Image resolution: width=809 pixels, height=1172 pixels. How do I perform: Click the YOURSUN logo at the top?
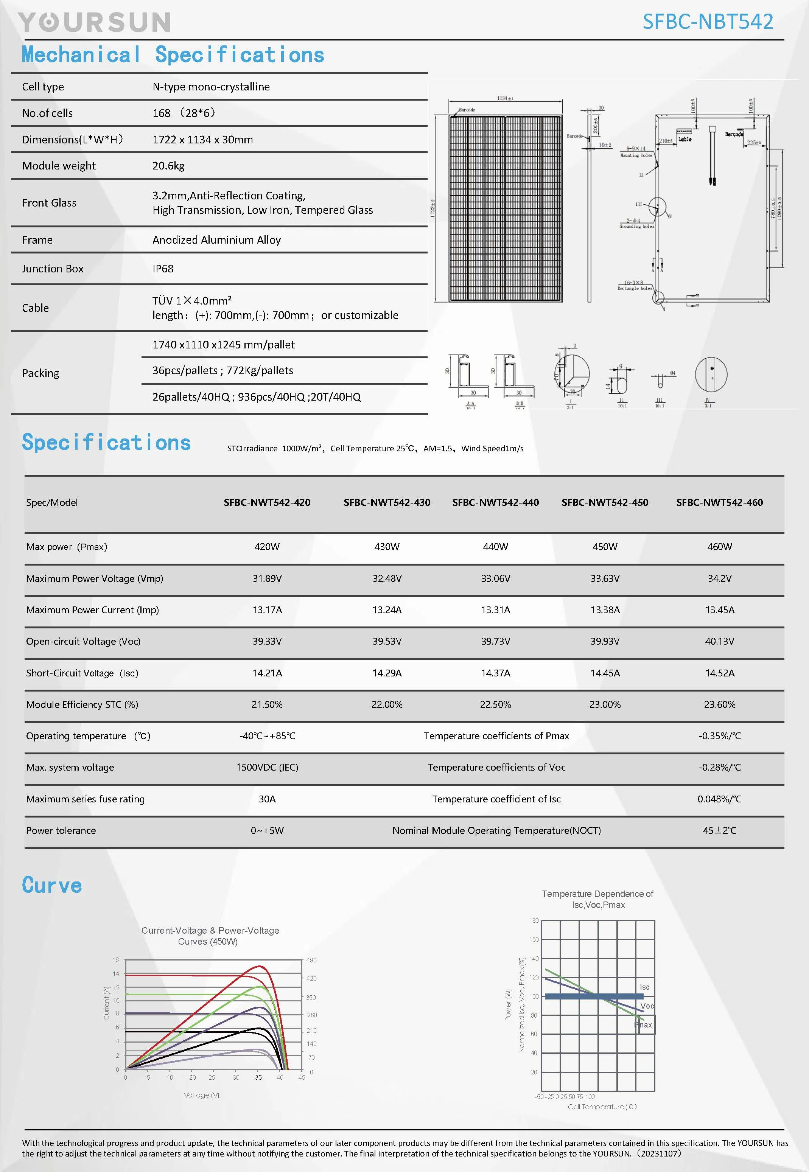click(x=94, y=23)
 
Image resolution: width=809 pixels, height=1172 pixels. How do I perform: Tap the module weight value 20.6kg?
click(x=168, y=166)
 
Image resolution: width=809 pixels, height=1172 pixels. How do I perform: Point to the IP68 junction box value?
click(x=163, y=269)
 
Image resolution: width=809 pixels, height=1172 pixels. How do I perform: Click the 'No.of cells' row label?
click(x=47, y=113)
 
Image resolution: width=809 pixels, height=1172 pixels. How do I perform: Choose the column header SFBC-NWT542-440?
click(x=495, y=502)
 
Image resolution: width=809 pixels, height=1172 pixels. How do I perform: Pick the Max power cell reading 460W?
click(x=719, y=547)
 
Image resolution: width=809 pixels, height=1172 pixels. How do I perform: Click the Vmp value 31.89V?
click(x=267, y=578)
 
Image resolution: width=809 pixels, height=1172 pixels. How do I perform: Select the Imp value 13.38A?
click(x=605, y=609)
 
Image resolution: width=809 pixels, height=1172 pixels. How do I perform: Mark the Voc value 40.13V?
click(x=719, y=641)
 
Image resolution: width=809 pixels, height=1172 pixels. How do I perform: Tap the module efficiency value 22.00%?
click(x=387, y=704)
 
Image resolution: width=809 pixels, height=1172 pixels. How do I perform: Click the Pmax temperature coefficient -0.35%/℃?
click(x=719, y=736)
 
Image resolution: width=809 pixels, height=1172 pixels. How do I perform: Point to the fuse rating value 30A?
click(x=267, y=799)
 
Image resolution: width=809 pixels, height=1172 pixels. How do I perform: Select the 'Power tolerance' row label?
click(x=61, y=830)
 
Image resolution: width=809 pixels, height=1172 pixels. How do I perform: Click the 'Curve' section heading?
click(x=52, y=885)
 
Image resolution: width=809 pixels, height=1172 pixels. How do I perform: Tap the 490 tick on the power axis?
click(x=311, y=960)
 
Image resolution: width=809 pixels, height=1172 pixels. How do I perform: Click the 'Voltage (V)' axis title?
click(x=201, y=1095)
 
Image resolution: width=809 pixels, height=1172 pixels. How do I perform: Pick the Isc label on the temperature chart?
click(x=644, y=987)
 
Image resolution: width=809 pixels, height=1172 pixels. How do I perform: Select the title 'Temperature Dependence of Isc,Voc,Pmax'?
click(x=597, y=899)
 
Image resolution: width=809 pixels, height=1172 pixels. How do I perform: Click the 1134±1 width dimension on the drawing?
click(x=506, y=98)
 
